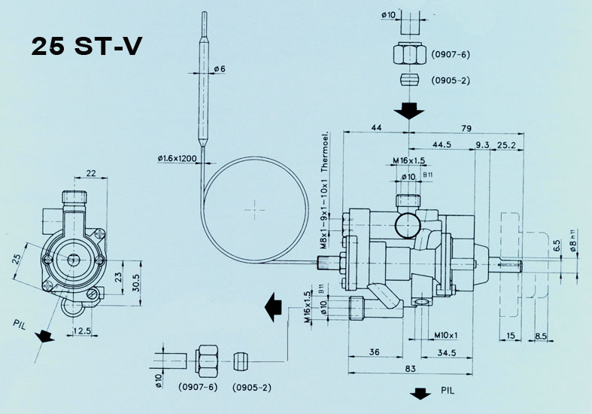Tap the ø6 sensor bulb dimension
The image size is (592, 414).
click(x=220, y=70)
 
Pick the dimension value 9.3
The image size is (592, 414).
click(x=483, y=145)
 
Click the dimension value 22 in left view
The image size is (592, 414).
click(x=92, y=174)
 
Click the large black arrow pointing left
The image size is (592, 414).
click(x=272, y=307)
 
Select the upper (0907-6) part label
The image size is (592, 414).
click(x=451, y=55)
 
